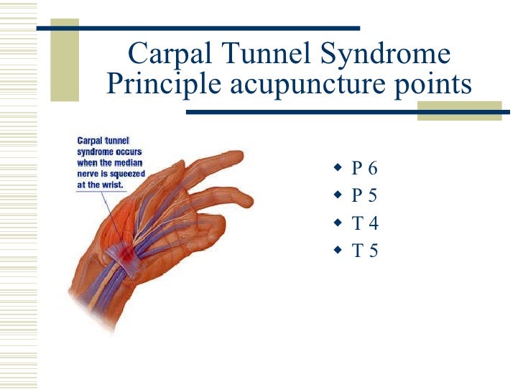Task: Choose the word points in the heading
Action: click(x=435, y=86)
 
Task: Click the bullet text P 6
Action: click(x=364, y=169)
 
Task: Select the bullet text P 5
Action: click(x=364, y=197)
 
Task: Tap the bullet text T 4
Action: click(x=364, y=224)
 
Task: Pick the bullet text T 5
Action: click(x=364, y=251)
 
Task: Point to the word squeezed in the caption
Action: click(x=128, y=173)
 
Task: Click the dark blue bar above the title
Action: click(x=198, y=29)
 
